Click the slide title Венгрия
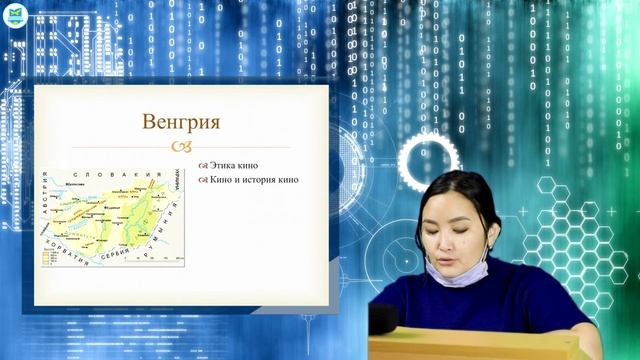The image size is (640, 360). [181, 122]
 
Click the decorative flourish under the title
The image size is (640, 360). [181, 147]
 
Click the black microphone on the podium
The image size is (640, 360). [385, 318]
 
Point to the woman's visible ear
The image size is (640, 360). [494, 229]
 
